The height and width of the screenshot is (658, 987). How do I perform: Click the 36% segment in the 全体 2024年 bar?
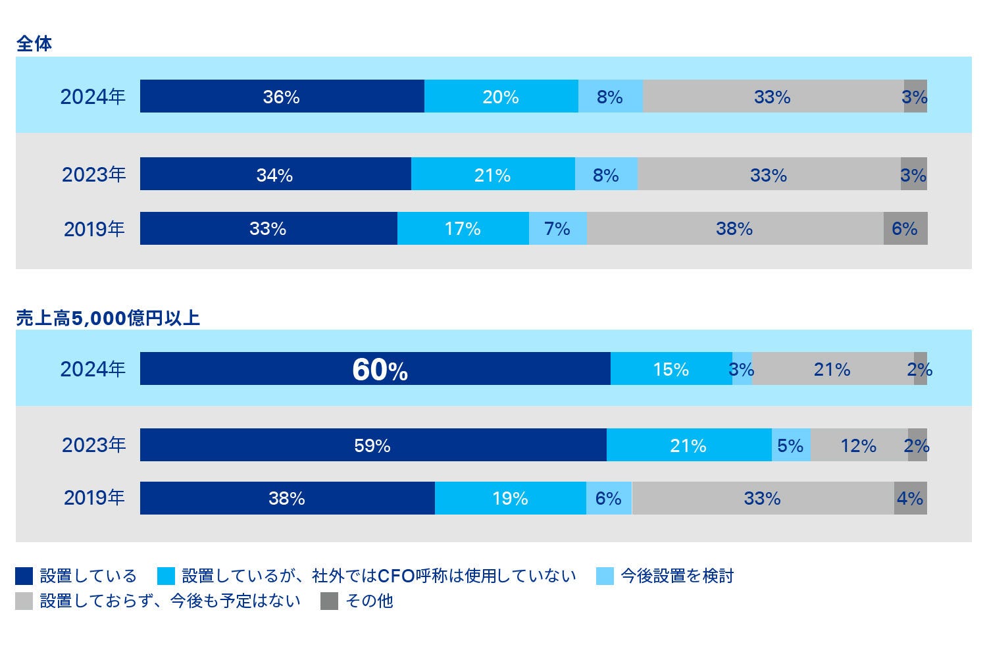click(x=282, y=97)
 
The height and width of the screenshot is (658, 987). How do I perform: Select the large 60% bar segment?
click(x=375, y=369)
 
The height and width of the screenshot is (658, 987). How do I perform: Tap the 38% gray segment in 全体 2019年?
click(x=734, y=228)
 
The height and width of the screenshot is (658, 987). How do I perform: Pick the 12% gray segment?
click(x=859, y=445)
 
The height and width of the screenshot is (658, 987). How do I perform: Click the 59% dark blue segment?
click(x=372, y=445)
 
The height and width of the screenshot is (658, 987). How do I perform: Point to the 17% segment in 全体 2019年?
click(x=463, y=228)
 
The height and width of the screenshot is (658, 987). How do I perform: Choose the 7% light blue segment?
click(x=557, y=228)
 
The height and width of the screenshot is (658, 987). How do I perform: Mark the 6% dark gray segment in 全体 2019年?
click(x=905, y=228)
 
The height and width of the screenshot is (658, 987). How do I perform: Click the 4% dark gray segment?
click(x=910, y=498)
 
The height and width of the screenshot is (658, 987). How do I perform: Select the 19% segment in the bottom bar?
click(x=510, y=498)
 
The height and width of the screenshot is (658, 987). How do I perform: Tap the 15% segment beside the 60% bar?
click(x=671, y=369)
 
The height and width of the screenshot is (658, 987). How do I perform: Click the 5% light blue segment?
click(x=790, y=445)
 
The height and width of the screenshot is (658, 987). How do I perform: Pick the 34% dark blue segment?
click(x=275, y=174)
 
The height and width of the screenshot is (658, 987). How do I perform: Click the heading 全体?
click(x=34, y=43)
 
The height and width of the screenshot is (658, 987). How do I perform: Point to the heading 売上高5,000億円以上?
click(x=108, y=318)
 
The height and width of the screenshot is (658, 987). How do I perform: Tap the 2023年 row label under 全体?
click(x=93, y=174)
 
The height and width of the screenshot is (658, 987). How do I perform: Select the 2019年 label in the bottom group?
click(x=94, y=497)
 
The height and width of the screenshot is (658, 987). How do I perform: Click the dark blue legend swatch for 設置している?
click(x=24, y=576)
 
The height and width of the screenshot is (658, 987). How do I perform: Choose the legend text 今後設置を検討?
click(x=677, y=576)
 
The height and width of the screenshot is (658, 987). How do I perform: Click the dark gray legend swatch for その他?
click(x=329, y=601)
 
